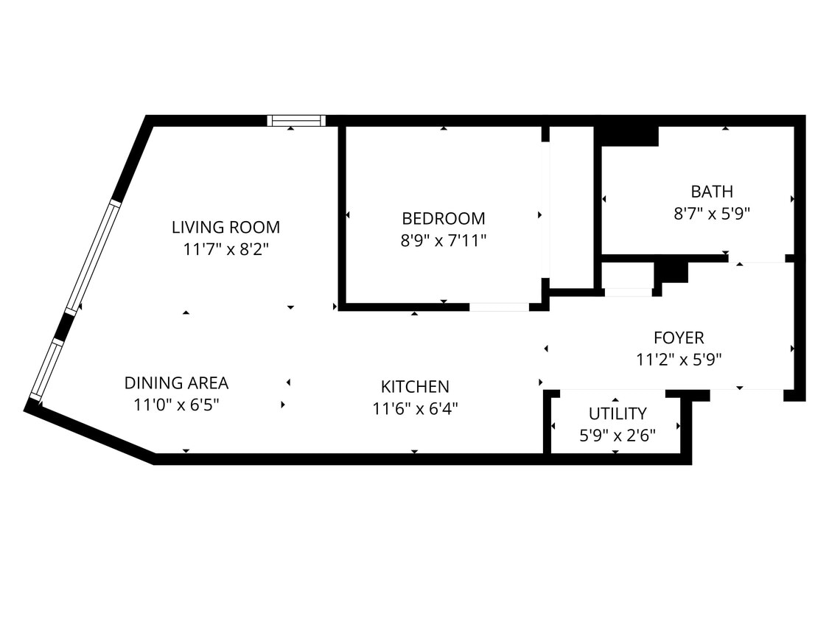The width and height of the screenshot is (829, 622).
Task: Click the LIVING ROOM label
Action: click(x=225, y=227)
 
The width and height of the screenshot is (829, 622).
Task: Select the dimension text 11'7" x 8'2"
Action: click(x=225, y=249)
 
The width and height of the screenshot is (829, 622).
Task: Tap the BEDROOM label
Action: click(x=443, y=218)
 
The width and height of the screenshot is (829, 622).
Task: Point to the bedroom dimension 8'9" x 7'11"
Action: click(x=443, y=240)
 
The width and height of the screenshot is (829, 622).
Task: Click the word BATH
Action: click(x=711, y=192)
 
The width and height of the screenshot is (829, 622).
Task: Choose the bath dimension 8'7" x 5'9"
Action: click(x=711, y=214)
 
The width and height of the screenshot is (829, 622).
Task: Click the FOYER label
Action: click(x=679, y=338)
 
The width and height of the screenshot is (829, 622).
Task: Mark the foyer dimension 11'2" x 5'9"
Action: click(x=679, y=360)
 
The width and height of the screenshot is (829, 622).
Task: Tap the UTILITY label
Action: click(x=617, y=413)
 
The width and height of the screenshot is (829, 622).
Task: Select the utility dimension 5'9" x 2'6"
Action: click(x=617, y=435)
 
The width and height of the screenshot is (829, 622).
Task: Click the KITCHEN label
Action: click(x=415, y=386)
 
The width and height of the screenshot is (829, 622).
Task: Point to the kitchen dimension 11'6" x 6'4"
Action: click(x=415, y=408)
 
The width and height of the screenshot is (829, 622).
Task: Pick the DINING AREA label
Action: click(x=176, y=383)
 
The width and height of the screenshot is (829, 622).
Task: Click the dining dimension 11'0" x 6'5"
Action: click(x=176, y=405)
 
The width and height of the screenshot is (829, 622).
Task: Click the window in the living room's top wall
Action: click(x=295, y=121)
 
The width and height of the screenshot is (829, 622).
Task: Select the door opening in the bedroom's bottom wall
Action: click(x=499, y=307)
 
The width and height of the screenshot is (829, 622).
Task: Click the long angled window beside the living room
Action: click(x=92, y=256)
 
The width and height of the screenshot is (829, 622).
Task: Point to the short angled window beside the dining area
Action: click(x=46, y=370)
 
